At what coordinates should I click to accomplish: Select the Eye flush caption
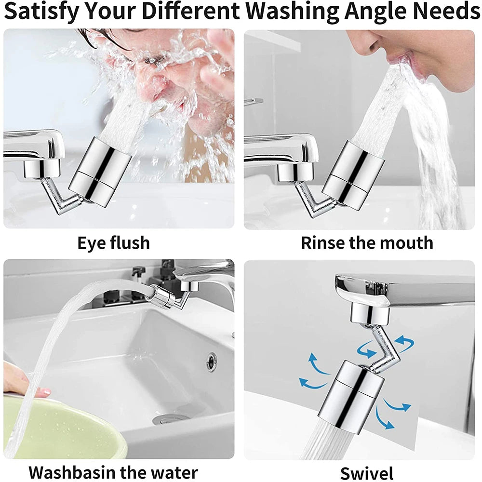(114, 243)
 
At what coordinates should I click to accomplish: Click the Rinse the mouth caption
(367, 243)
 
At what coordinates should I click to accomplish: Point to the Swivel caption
(366, 473)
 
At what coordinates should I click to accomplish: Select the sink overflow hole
(211, 361)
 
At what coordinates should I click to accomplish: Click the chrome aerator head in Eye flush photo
(100, 171)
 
